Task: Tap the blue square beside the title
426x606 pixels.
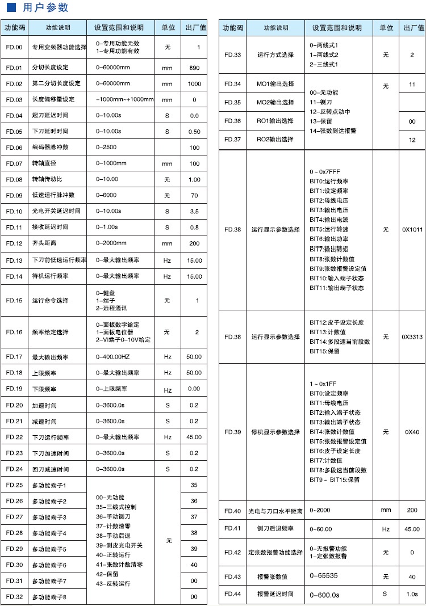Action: (x=11, y=7)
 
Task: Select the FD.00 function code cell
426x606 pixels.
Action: (x=14, y=47)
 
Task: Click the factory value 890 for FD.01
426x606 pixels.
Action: (x=194, y=68)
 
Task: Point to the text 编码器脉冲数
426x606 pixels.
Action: (x=50, y=148)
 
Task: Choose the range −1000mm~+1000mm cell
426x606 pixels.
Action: (x=124, y=99)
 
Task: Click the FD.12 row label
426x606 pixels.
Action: (x=14, y=243)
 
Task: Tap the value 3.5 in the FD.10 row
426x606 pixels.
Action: (x=194, y=211)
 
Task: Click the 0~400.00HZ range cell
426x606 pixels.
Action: (x=112, y=357)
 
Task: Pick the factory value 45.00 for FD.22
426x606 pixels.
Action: (x=194, y=437)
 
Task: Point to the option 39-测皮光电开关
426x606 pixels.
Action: (x=119, y=545)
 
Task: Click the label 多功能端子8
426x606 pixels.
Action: (x=49, y=597)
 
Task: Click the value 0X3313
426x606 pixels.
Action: (x=412, y=336)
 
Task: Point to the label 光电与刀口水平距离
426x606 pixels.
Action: (x=275, y=511)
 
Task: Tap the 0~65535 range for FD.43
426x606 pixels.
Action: (x=324, y=576)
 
